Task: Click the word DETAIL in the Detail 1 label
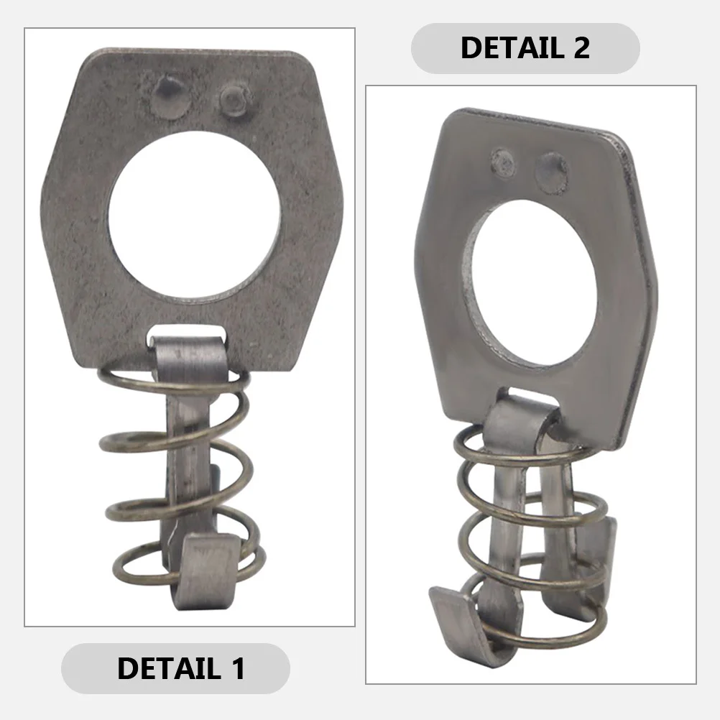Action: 165,668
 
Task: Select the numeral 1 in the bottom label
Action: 236,668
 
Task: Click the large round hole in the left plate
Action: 194,216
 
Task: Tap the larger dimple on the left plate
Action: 171,96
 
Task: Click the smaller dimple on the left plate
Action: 234,101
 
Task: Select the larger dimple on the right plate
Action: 552,171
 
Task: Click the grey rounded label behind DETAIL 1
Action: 86,668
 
